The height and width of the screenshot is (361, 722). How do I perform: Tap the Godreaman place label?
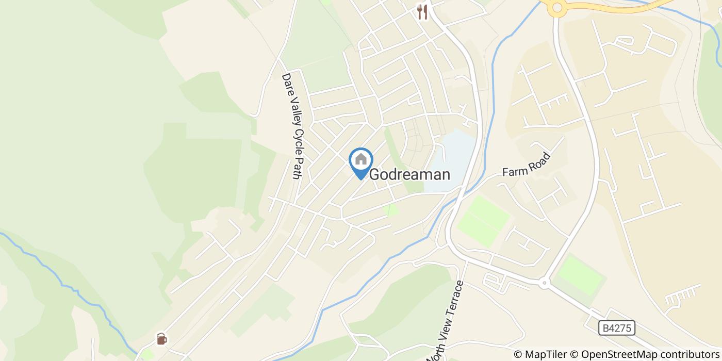pyautogui.click(x=410, y=175)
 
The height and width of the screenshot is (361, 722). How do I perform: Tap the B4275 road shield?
pyautogui.click(x=617, y=327)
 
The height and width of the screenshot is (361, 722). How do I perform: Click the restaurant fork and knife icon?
pyautogui.click(x=423, y=11)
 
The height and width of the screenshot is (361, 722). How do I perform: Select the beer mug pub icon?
pyautogui.click(x=162, y=339)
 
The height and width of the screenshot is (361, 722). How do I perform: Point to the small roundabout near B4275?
pyautogui.click(x=544, y=283)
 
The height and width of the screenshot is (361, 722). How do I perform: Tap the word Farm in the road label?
pyautogui.click(x=513, y=170)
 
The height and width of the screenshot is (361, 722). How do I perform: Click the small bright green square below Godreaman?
pyautogui.click(x=392, y=210)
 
